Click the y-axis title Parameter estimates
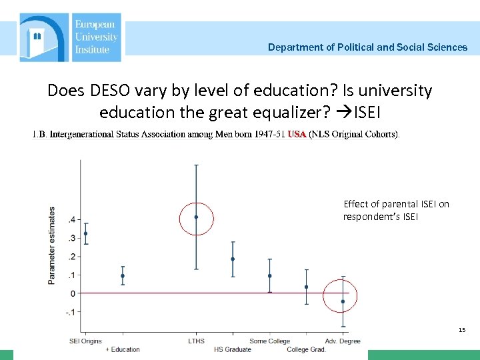tap(52, 245)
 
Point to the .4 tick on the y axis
tap(71, 219)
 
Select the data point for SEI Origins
tap(86, 234)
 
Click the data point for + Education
tap(123, 276)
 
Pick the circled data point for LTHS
tap(196, 217)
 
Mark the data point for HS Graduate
tap(233, 259)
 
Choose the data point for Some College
tap(269, 276)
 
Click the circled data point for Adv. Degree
tap(343, 301)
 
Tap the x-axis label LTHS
tap(196, 341)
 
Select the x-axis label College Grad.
tap(306, 349)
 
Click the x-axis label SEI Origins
tap(86, 341)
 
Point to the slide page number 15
tap(462, 330)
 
